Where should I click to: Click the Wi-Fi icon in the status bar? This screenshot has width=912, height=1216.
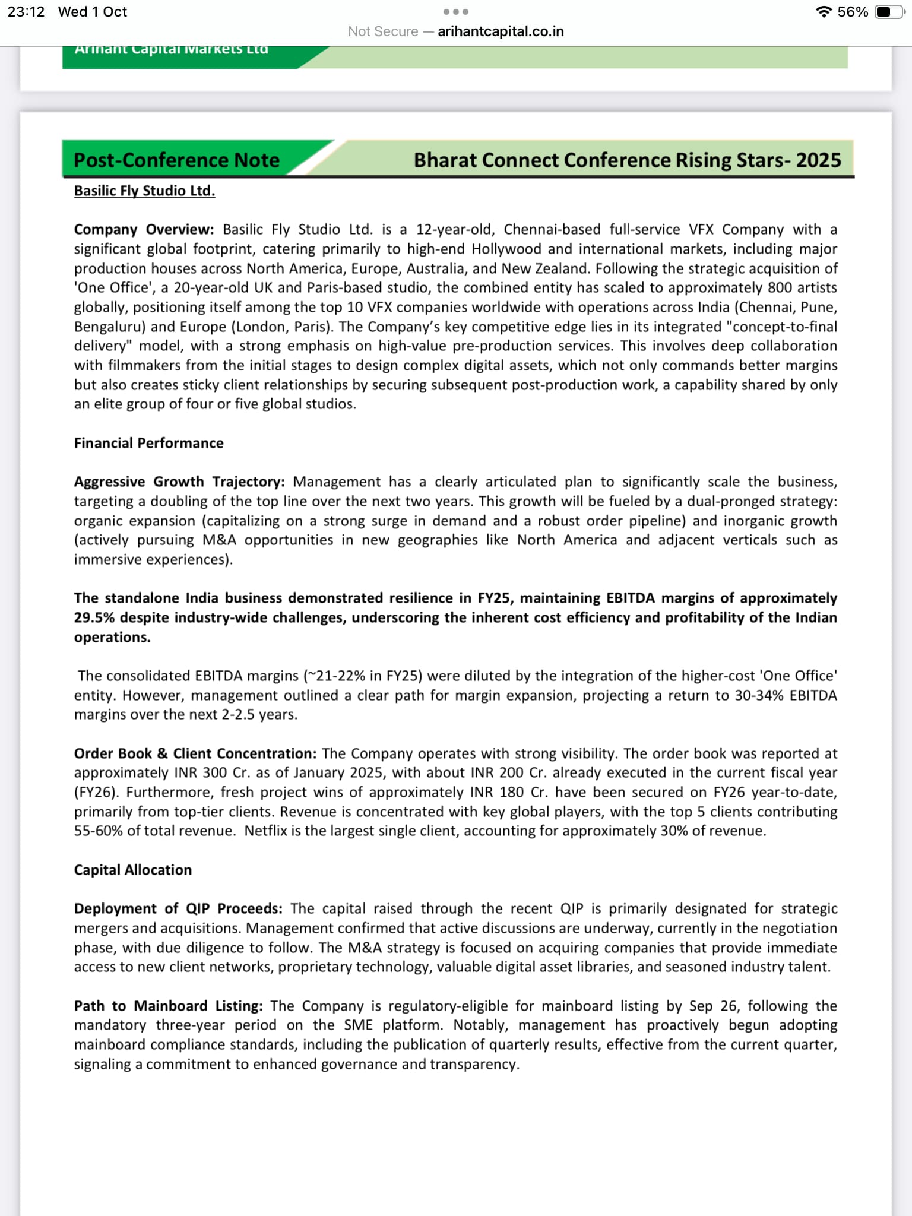[824, 12]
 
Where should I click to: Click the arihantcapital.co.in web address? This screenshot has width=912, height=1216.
[501, 31]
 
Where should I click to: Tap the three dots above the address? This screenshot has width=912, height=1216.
[456, 12]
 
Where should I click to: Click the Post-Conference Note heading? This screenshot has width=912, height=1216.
[176, 160]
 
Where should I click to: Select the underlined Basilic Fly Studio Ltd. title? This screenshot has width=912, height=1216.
[144, 191]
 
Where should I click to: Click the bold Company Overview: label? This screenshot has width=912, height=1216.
[143, 229]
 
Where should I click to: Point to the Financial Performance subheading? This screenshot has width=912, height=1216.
[148, 443]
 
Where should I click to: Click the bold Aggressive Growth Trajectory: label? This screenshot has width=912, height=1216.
[179, 482]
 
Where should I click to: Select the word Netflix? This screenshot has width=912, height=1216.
[265, 831]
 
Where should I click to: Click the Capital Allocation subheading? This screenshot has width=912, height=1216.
[132, 870]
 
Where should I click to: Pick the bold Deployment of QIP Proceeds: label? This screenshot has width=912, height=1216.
[178, 908]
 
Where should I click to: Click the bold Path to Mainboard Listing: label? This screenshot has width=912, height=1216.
[168, 1006]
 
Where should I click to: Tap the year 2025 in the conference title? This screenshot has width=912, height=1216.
[818, 160]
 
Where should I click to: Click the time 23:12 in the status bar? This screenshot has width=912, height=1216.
[26, 12]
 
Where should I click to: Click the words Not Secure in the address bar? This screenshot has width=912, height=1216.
[383, 31]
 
